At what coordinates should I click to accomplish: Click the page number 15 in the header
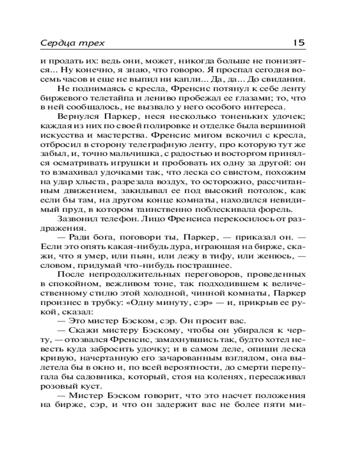tap(299, 43)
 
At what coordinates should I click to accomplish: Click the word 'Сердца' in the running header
tap(55, 43)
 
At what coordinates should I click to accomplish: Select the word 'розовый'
tap(55, 387)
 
